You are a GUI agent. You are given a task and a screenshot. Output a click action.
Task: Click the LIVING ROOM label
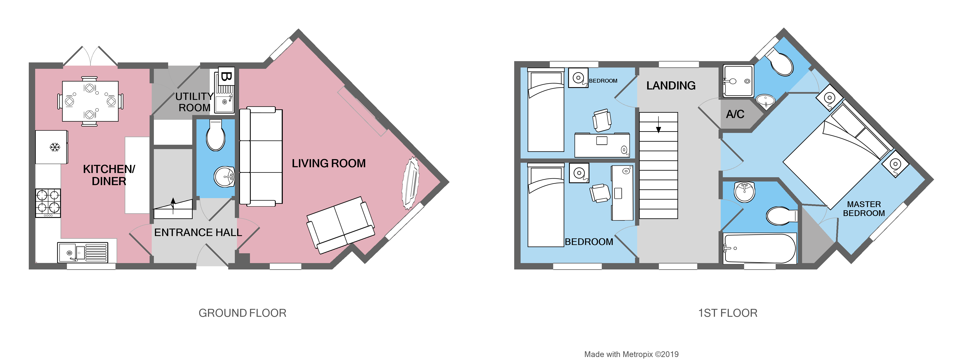[x=328, y=163]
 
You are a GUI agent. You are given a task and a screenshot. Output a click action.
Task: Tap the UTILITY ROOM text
[x=194, y=102]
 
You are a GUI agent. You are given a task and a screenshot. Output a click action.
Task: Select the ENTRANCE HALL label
[x=198, y=232]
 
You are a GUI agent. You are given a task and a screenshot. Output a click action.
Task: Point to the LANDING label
[x=671, y=86]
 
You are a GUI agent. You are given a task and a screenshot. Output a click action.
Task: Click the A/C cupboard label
[x=735, y=114]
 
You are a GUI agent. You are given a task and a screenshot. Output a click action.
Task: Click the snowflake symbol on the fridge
[x=55, y=147]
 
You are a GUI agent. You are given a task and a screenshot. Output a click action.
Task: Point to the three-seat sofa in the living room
[x=261, y=156]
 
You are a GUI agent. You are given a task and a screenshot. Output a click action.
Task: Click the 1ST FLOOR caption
[x=727, y=313]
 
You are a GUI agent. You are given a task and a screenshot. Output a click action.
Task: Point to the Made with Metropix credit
[x=631, y=354]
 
